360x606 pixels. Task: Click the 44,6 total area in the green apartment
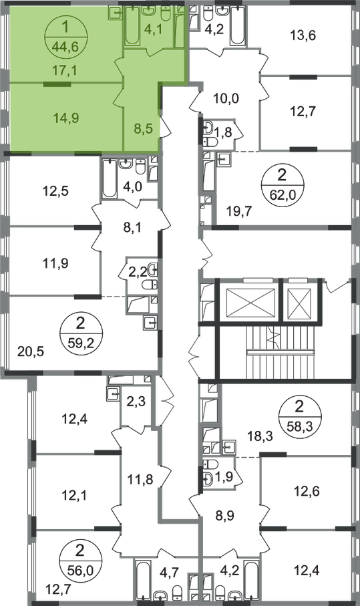(x=66, y=47)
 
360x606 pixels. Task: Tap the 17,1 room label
(x=65, y=70)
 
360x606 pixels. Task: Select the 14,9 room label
(x=66, y=118)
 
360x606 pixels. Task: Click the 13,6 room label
(x=303, y=35)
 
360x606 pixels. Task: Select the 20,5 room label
(x=31, y=351)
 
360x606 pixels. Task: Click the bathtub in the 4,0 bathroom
(x=110, y=178)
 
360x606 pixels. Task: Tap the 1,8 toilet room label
(x=223, y=132)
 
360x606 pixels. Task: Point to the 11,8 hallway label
(x=140, y=480)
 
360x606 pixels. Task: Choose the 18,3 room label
(x=260, y=436)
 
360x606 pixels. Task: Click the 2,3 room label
(x=136, y=402)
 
